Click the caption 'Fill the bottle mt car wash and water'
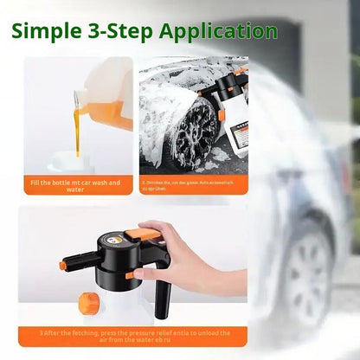pyautogui.click(x=74, y=186)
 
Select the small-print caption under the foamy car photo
pyautogui.click(x=192, y=186)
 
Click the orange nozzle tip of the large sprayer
pyautogui.click(x=64, y=266)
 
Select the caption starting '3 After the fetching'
pyautogui.click(x=130, y=335)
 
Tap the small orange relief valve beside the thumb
pyautogui.click(x=129, y=275)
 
